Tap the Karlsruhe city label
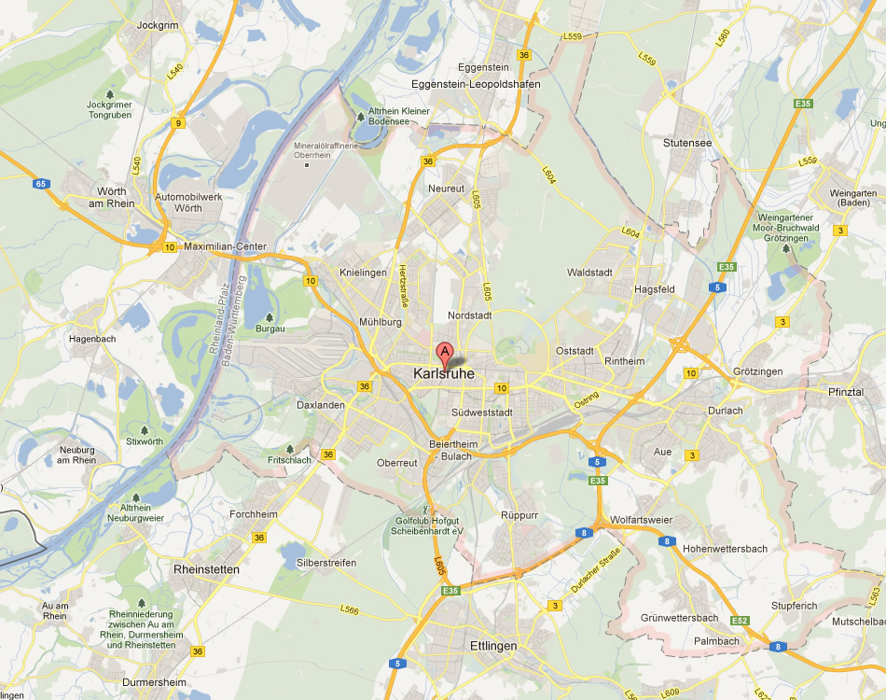443,374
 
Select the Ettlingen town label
492,645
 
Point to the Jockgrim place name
157,25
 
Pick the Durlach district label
726,410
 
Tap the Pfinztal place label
846,392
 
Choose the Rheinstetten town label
206,568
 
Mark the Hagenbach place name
93,339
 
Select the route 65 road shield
41,184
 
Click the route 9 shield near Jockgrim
178,122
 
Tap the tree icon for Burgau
270,317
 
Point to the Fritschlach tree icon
290,448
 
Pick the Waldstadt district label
589,273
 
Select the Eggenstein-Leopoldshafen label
476,84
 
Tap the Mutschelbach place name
857,621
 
